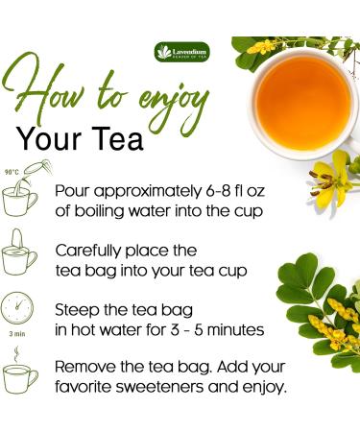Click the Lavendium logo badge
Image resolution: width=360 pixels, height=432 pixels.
(x=182, y=52)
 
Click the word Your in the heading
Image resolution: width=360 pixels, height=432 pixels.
(x=49, y=139)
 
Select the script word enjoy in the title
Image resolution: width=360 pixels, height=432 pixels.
(x=174, y=104)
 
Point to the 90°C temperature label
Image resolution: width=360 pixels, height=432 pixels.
(x=12, y=172)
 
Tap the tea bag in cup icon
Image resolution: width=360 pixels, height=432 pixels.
(x=19, y=252)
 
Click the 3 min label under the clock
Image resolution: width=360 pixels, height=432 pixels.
(x=17, y=334)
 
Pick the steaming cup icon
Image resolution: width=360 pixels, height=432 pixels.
(x=20, y=372)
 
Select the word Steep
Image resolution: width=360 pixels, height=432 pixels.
(x=74, y=310)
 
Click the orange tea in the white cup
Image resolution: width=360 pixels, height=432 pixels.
(x=303, y=103)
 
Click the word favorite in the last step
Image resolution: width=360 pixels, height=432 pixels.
(x=83, y=387)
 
